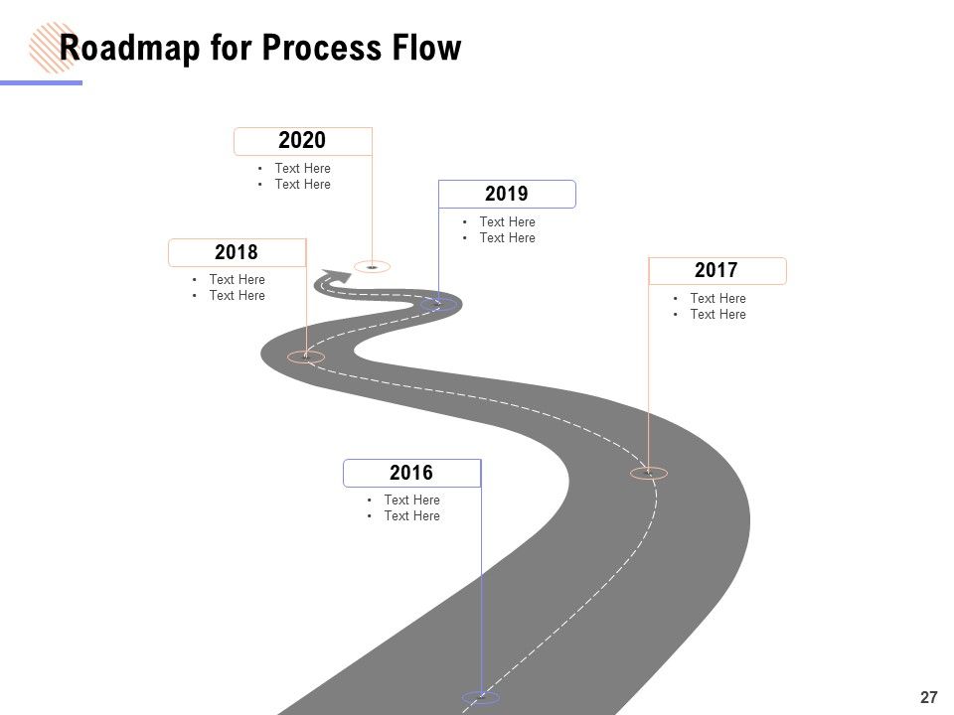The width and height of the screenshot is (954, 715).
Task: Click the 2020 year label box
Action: click(x=303, y=141)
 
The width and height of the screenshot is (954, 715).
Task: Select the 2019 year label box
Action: click(x=507, y=194)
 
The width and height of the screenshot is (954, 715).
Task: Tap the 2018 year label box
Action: click(x=238, y=252)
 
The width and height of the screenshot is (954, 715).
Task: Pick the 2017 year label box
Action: click(x=717, y=270)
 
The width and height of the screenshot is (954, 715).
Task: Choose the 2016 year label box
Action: click(x=411, y=473)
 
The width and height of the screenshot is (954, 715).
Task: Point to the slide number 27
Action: click(x=928, y=697)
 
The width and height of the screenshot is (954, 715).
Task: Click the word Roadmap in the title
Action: click(x=129, y=48)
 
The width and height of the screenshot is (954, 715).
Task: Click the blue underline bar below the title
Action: click(x=41, y=82)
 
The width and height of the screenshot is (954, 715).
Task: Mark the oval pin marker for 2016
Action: click(x=481, y=697)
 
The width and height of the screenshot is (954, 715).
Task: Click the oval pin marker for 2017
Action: click(x=649, y=473)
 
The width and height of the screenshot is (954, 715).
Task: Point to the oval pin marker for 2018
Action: click(x=306, y=357)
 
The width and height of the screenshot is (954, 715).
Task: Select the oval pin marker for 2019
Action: click(x=438, y=304)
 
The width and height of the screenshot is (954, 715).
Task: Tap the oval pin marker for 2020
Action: click(x=372, y=266)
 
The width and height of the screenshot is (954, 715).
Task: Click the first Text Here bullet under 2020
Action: click(x=302, y=169)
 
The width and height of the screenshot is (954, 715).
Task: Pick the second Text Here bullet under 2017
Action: click(x=717, y=315)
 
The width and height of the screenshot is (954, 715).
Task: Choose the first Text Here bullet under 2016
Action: click(x=411, y=500)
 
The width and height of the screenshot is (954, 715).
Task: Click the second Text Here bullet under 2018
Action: click(x=238, y=296)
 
